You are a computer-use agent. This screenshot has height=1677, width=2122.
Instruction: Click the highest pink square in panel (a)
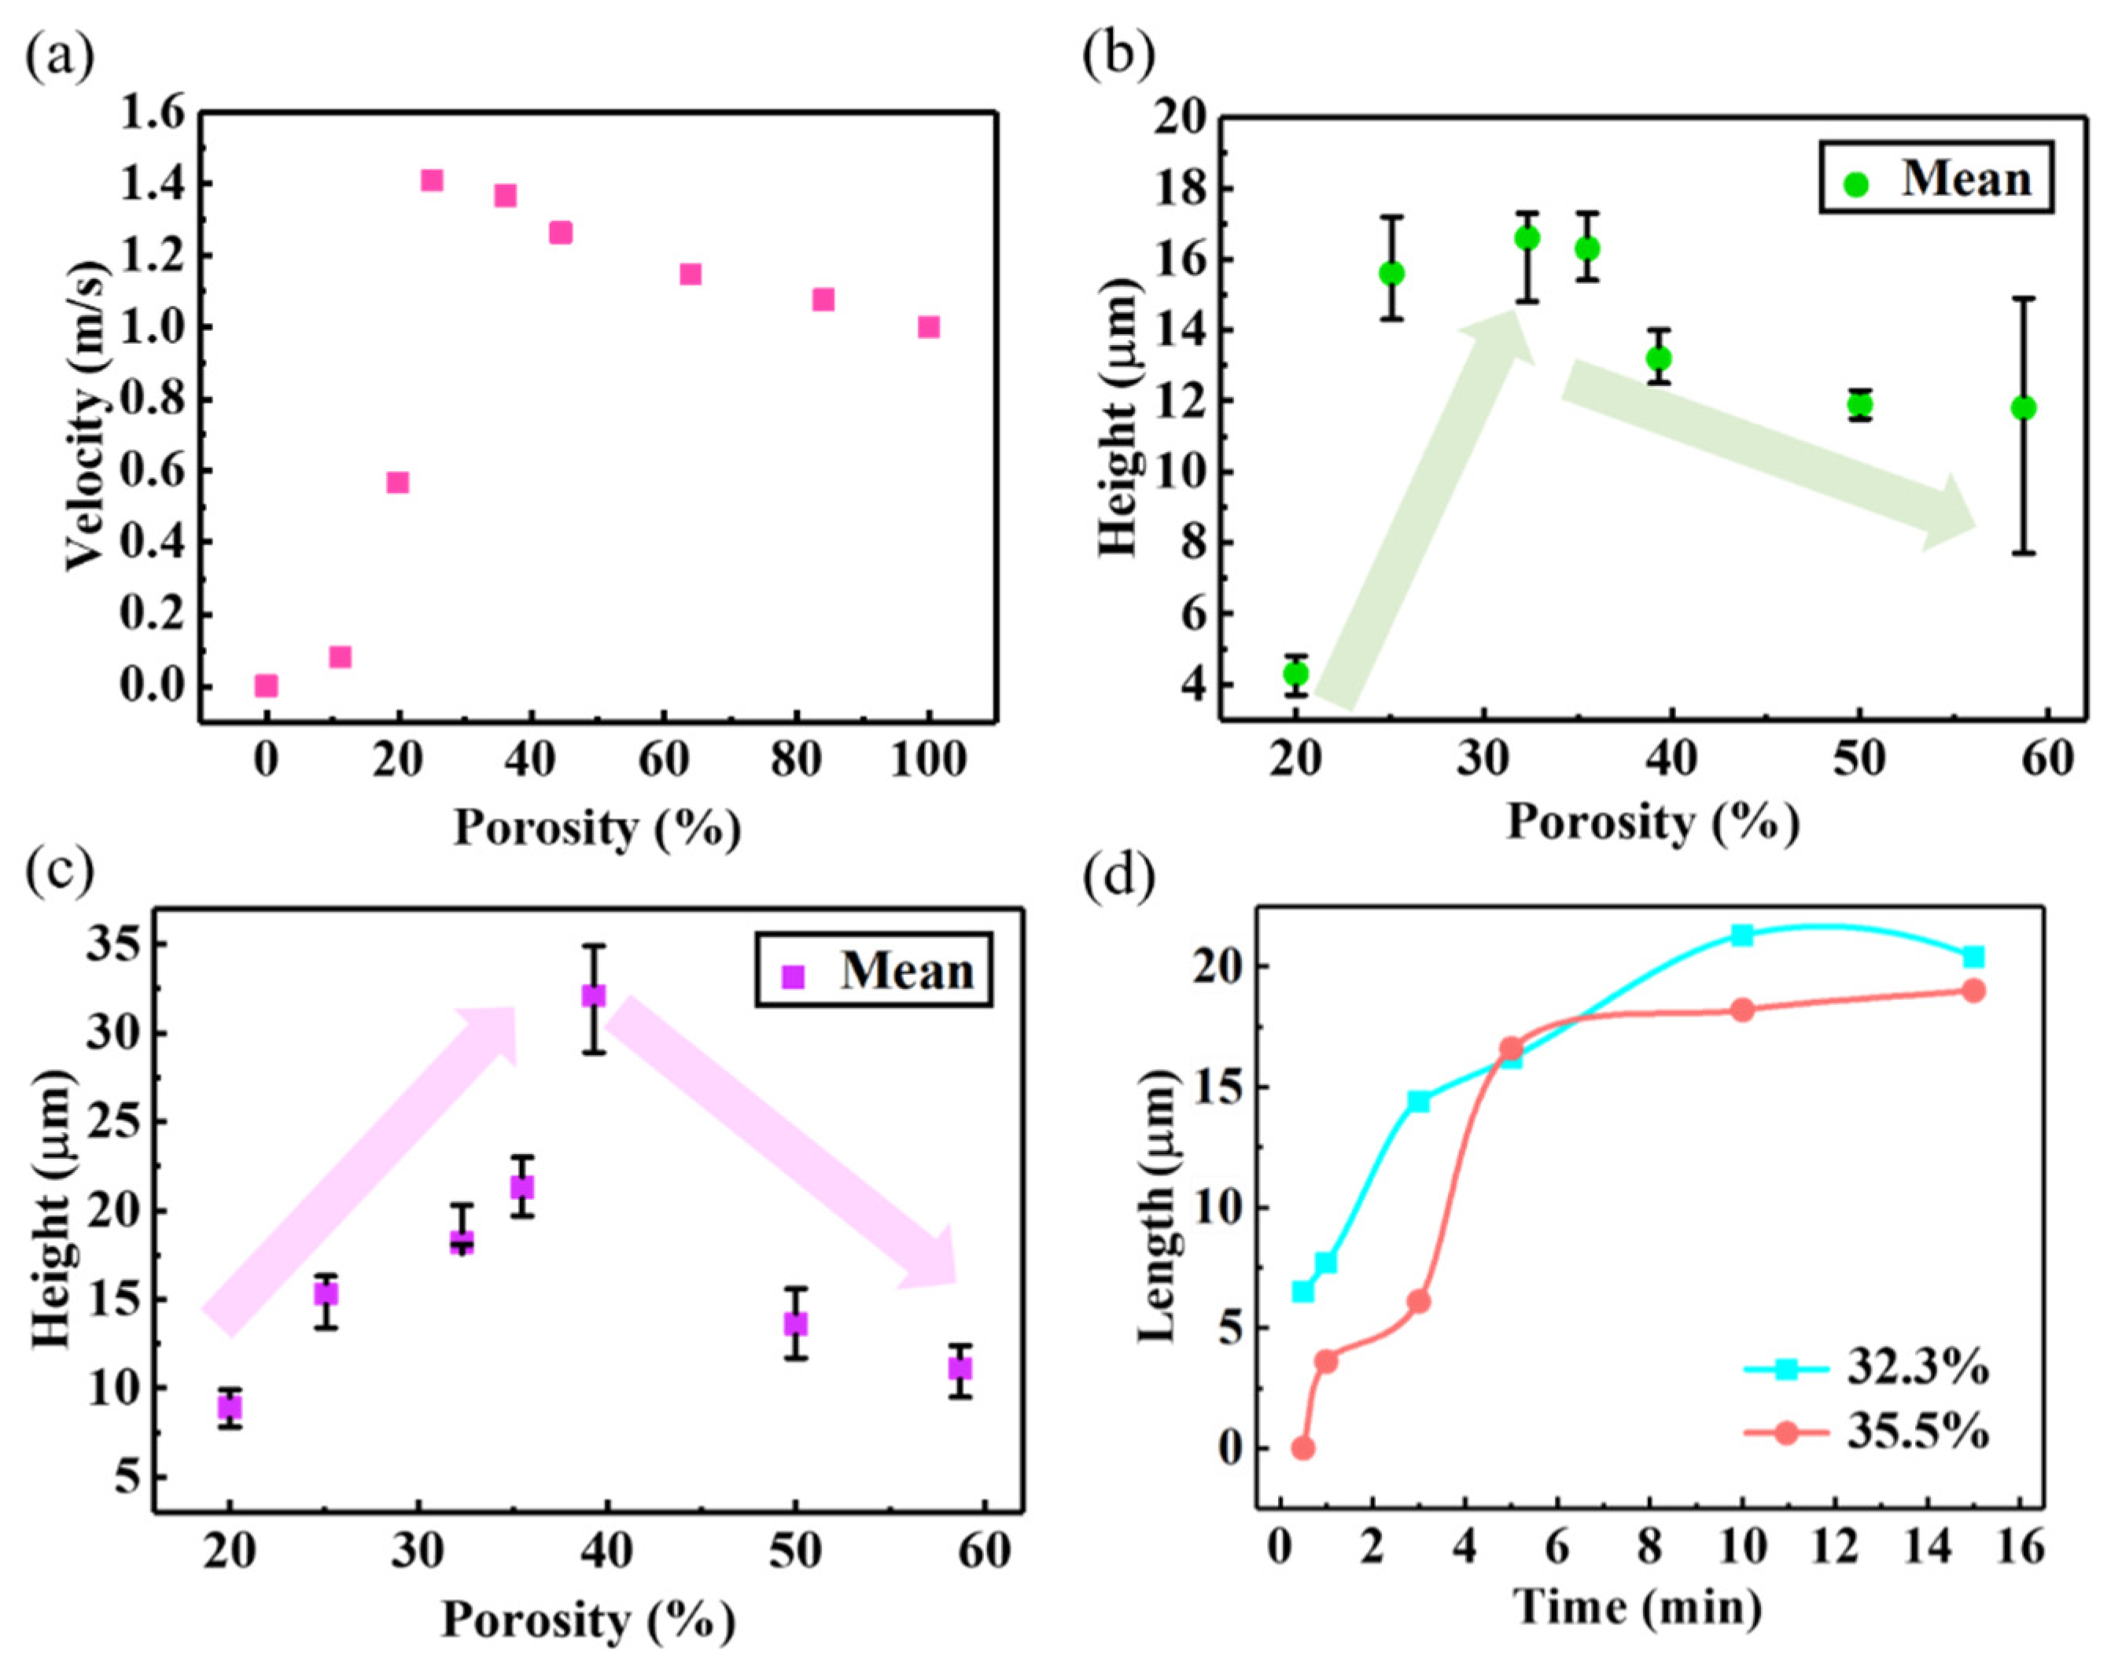point(432,181)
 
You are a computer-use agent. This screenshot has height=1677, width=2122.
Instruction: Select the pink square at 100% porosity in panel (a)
point(928,327)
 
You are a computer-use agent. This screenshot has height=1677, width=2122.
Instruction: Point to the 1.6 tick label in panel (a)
point(153,115)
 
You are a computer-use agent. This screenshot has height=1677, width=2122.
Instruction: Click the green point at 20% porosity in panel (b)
point(1296,674)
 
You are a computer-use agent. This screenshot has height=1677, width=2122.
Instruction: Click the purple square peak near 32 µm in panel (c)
point(593,995)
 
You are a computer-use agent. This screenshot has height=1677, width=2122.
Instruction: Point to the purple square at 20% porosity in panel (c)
point(230,1407)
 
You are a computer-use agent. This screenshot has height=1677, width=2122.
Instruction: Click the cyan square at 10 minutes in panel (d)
point(1743,935)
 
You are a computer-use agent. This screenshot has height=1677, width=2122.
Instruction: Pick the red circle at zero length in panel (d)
point(1303,1448)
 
